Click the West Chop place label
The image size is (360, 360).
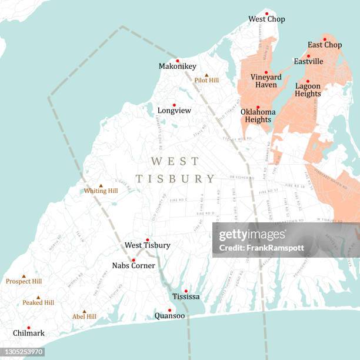pyautogui.click(x=266, y=19)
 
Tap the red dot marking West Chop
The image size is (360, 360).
pyautogui.click(x=266, y=13)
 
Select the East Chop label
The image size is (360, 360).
pyautogui.click(x=325, y=45)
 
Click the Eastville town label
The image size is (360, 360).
pyautogui.click(x=308, y=61)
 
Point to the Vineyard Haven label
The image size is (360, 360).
pyautogui.click(x=266, y=81)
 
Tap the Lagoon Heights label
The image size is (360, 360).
pyautogui.click(x=308, y=90)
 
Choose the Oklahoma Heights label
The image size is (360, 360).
pyautogui.click(x=258, y=116)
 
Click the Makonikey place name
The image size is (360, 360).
pyautogui.click(x=177, y=66)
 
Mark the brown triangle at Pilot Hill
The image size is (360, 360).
pyautogui.click(x=206, y=75)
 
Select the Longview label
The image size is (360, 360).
pyautogui.click(x=174, y=111)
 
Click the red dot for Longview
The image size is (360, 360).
pyautogui.click(x=174, y=105)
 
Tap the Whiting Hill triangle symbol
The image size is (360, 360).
pyautogui.click(x=101, y=185)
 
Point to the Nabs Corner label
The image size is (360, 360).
pyautogui.click(x=134, y=266)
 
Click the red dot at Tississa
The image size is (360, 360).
pyautogui.click(x=186, y=291)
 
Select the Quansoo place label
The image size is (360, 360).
pyautogui.click(x=169, y=316)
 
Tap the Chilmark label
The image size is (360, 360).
pyautogui.click(x=28, y=334)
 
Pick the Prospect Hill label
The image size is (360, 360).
pyautogui.click(x=24, y=282)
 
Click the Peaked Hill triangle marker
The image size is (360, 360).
pyautogui.click(x=38, y=298)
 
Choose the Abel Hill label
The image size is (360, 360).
pyautogui.click(x=84, y=317)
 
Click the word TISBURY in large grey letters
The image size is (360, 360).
pyautogui.click(x=175, y=179)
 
